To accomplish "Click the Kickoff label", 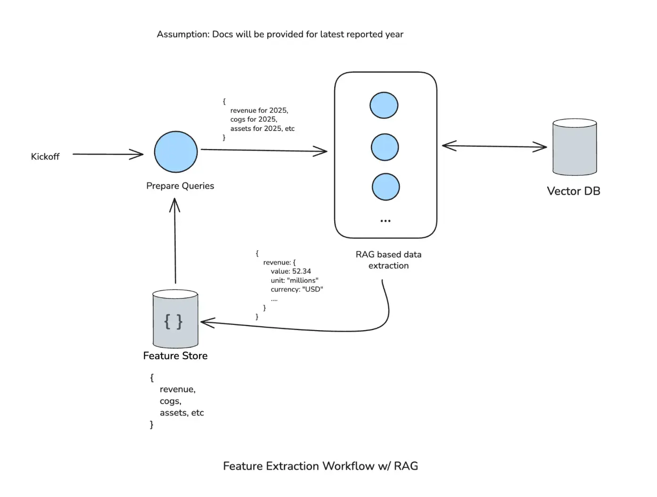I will pyautogui.click(x=45, y=157).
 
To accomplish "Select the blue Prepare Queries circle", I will pyautogui.click(x=176, y=152).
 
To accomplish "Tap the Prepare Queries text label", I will pyautogui.click(x=180, y=186).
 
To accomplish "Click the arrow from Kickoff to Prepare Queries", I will pyautogui.click(x=107, y=154).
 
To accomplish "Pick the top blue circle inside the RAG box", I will pyautogui.click(x=384, y=105).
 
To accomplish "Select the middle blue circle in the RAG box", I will pyautogui.click(x=385, y=147).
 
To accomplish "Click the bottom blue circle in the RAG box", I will pyautogui.click(x=386, y=187).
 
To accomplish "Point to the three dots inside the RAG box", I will pyautogui.click(x=385, y=221).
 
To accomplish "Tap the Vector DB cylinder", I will pyautogui.click(x=574, y=147).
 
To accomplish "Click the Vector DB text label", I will pyautogui.click(x=573, y=191).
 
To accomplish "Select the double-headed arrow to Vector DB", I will pyautogui.click(x=494, y=146).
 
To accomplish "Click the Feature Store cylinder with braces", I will pyautogui.click(x=175, y=320).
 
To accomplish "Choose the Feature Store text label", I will pyautogui.click(x=175, y=356).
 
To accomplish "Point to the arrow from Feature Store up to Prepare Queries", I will pyautogui.click(x=175, y=240).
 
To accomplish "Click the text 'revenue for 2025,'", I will pyautogui.click(x=259, y=110).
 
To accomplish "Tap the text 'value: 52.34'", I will pyautogui.click(x=291, y=271).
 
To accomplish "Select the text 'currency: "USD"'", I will pyautogui.click(x=296, y=289).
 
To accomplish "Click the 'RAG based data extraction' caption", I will pyautogui.click(x=388, y=260).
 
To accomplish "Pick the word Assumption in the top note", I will pyautogui.click(x=183, y=34).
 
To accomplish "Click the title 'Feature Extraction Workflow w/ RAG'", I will pyautogui.click(x=320, y=466).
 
